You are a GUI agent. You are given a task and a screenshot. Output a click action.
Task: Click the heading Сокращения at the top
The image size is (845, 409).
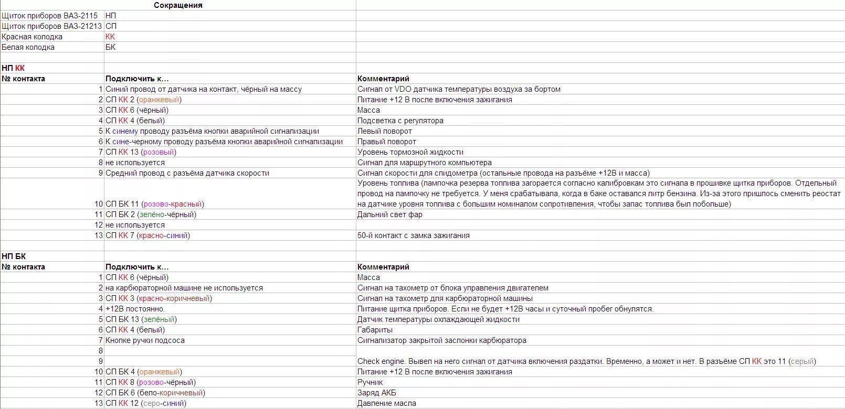click(x=178, y=5)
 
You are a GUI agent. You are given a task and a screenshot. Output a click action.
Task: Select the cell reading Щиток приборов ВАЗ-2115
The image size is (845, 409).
click(x=49, y=16)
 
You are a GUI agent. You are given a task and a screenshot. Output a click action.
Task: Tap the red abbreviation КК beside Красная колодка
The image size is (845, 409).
click(x=110, y=37)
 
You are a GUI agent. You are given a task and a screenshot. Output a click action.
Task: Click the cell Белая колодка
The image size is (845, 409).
click(x=28, y=47)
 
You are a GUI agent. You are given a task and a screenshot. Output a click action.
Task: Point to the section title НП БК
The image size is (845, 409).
click(x=14, y=256)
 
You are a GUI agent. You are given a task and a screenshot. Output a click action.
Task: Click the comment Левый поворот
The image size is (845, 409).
click(x=385, y=131)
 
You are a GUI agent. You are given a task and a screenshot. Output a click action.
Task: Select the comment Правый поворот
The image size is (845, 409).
click(x=387, y=142)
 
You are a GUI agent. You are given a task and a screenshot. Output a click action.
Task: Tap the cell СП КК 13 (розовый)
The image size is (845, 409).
click(x=141, y=152)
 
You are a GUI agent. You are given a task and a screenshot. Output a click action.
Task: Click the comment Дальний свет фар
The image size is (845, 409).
click(x=390, y=214)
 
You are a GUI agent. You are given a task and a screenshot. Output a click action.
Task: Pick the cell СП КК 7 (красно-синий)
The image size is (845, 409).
click(x=147, y=235)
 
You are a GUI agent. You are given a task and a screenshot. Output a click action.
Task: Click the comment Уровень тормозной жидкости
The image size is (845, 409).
click(x=410, y=152)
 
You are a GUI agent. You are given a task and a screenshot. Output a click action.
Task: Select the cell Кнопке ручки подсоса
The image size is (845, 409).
click(x=145, y=340)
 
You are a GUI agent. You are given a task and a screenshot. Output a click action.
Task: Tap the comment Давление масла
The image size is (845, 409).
click(x=387, y=403)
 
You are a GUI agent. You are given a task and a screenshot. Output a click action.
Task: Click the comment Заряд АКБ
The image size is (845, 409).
click(x=377, y=393)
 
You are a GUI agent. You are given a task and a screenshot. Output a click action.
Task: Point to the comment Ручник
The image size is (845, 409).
click(x=371, y=382)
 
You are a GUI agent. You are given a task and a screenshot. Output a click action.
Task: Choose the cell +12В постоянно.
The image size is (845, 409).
click(x=135, y=309)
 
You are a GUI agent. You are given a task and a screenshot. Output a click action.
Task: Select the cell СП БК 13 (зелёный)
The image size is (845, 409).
click(x=141, y=319)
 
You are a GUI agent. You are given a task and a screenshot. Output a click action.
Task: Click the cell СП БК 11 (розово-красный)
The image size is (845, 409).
click(x=155, y=204)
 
